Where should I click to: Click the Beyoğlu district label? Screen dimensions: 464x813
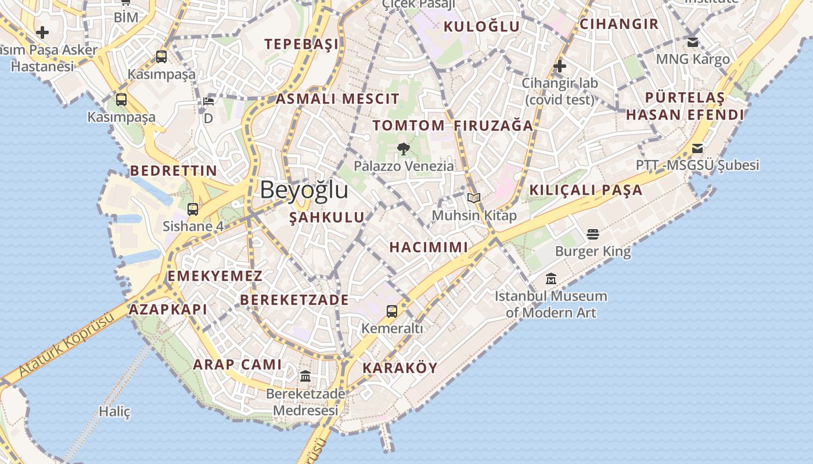304,190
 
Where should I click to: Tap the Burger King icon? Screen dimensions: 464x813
592,234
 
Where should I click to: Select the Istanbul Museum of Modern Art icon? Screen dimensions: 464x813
551,279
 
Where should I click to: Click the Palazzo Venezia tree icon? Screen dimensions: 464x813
403,149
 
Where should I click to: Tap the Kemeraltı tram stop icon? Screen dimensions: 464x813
392,311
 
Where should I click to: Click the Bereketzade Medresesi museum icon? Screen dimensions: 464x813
305,376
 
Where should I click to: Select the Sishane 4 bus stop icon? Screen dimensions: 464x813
193,209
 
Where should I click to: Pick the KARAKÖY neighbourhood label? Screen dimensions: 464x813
400,368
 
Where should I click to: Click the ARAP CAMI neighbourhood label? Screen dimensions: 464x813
237,364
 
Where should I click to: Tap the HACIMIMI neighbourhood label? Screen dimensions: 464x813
429,247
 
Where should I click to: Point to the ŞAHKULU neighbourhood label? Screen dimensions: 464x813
327,217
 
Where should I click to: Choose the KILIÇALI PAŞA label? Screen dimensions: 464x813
586,190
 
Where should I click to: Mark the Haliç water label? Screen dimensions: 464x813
114,412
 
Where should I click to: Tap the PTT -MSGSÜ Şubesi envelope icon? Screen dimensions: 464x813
697,148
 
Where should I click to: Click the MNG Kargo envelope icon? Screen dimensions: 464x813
693,42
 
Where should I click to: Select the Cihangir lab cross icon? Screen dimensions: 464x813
560,66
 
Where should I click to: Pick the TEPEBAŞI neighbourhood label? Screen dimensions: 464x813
301,44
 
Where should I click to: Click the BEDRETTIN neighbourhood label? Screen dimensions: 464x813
174,171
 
